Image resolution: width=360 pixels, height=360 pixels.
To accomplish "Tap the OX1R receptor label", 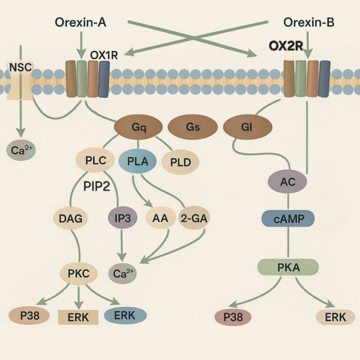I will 104,55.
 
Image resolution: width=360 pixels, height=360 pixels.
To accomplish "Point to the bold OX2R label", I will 285,46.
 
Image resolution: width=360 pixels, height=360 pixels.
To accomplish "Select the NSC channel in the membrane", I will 20,79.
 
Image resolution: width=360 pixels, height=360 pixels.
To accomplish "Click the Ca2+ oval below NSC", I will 22,150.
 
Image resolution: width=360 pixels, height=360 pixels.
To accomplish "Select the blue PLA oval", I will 138,162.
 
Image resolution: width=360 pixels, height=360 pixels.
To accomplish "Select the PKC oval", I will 79,273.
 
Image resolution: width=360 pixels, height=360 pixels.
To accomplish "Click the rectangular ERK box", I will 78,317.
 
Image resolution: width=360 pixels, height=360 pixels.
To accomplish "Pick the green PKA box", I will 287,268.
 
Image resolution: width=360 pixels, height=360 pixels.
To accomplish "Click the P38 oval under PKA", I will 233,317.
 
